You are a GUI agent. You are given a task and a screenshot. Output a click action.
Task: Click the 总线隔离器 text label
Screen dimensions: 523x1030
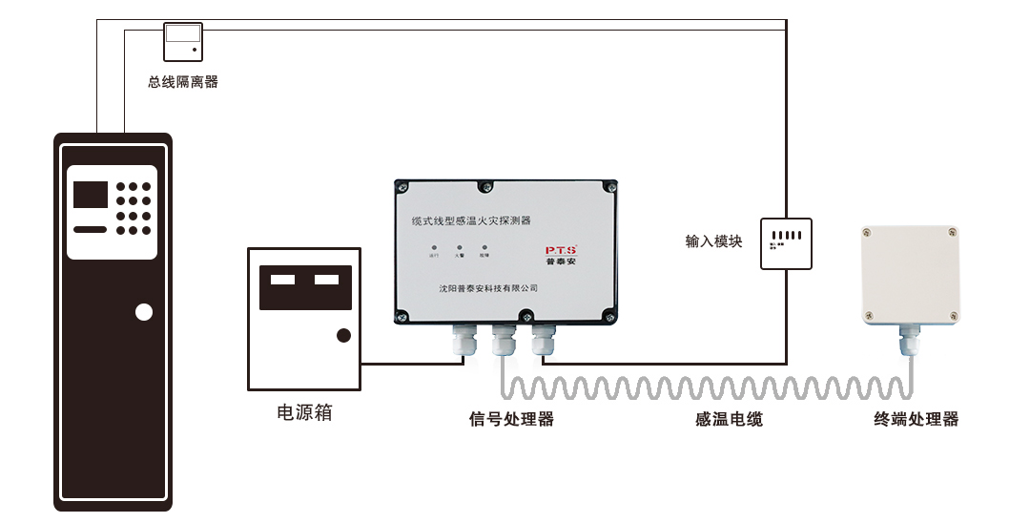(x=183, y=82)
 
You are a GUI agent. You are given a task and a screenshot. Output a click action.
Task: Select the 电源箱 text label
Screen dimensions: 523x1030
(x=304, y=413)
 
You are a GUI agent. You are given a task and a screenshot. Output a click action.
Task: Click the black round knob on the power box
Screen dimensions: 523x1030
(x=343, y=335)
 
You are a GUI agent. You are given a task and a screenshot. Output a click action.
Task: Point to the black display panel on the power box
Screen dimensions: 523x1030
(x=305, y=286)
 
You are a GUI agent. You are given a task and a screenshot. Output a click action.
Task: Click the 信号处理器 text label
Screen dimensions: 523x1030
(x=511, y=419)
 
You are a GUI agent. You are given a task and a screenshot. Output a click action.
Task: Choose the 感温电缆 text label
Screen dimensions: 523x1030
(x=729, y=419)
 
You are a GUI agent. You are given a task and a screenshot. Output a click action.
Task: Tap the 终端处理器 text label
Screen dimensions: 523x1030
(x=917, y=419)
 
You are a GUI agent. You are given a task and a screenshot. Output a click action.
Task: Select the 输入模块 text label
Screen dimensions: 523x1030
(x=713, y=241)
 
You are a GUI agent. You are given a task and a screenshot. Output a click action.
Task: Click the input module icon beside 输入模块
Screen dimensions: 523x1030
(x=786, y=243)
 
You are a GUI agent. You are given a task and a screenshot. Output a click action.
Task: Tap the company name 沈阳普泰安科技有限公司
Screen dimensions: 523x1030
(x=488, y=287)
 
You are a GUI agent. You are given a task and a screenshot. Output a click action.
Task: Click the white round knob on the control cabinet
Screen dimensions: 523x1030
(x=144, y=312)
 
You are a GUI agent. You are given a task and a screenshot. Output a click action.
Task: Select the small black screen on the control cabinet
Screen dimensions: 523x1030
(x=91, y=195)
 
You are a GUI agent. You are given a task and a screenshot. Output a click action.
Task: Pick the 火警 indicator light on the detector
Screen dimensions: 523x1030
(x=459, y=247)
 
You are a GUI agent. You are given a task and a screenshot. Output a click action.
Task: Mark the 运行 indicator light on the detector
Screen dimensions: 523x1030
(x=434, y=247)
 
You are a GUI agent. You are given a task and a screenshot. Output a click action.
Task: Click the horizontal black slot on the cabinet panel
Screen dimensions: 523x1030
(x=91, y=230)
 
